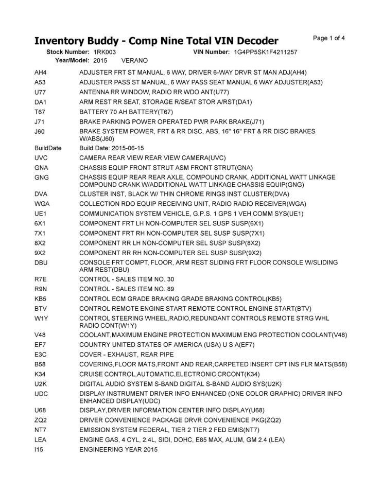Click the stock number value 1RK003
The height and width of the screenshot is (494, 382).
(105, 52)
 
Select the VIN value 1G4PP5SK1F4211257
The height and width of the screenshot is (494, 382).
(265, 52)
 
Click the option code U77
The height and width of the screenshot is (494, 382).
(40, 92)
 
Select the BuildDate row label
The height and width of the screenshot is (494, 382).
(48, 148)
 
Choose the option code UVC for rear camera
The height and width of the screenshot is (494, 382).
(41, 157)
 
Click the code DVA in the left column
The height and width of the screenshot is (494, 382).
(41, 194)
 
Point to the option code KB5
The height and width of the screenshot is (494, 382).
(41, 298)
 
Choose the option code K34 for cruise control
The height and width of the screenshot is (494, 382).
(41, 374)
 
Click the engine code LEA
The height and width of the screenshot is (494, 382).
(40, 440)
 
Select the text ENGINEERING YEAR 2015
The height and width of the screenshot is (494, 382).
(118, 450)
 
